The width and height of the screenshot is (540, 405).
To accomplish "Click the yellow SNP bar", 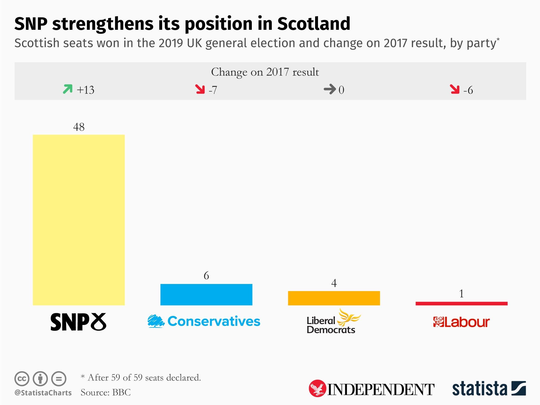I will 79,220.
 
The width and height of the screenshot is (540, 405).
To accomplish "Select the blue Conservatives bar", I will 206,295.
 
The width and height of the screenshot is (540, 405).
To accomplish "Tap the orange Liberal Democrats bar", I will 334,298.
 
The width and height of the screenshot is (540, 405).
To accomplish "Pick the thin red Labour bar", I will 461,303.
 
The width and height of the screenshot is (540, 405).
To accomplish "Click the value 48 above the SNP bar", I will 79,127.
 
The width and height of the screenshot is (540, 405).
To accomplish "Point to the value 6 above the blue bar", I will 206,276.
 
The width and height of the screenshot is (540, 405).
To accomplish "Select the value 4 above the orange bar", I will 334,283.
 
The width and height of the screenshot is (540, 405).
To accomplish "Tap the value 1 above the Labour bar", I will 461,294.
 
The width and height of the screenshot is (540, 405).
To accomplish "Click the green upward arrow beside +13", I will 67,89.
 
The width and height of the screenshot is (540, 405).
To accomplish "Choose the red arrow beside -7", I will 200,89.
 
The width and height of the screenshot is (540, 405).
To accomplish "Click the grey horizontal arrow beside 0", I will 330,89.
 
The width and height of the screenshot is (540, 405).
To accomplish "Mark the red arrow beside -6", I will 455,89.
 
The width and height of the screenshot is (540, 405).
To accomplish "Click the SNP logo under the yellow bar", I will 78,322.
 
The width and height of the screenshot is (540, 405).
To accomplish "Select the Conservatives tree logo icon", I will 156,321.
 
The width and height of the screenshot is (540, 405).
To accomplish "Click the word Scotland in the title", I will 314,24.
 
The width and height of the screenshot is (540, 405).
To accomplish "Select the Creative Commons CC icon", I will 22,379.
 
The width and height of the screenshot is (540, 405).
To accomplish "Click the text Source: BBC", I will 105,392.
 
